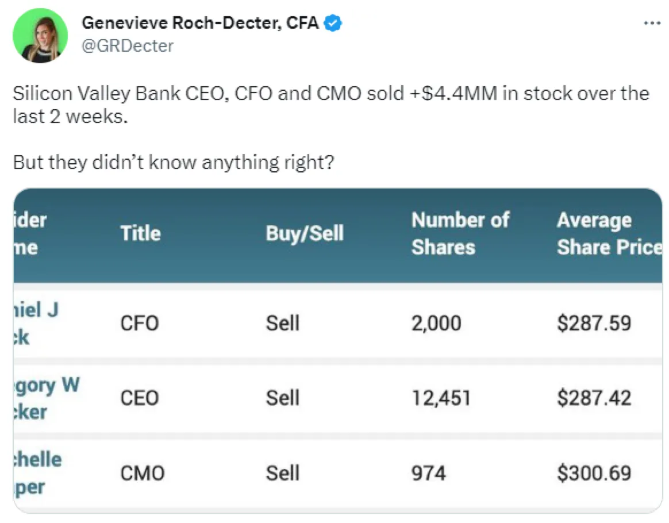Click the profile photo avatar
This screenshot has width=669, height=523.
point(40,35)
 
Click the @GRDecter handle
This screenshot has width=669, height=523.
point(127,45)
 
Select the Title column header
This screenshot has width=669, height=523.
point(140,233)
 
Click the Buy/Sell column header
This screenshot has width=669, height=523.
point(305,233)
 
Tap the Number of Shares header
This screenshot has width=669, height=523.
point(460,233)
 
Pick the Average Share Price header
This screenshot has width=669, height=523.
point(609,233)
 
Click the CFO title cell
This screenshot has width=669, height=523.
point(139,323)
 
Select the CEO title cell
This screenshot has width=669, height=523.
point(139,398)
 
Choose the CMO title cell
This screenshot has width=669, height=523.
point(142,473)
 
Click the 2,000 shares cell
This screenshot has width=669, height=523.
point(436,323)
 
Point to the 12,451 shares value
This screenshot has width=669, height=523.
point(441,398)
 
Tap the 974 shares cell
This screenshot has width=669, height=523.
point(428,473)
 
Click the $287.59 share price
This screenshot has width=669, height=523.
point(594,323)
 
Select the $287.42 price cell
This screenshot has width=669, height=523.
point(594,398)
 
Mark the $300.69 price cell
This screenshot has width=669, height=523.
point(594,473)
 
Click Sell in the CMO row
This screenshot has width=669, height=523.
point(282,473)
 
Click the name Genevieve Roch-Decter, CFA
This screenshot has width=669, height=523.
point(201,23)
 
